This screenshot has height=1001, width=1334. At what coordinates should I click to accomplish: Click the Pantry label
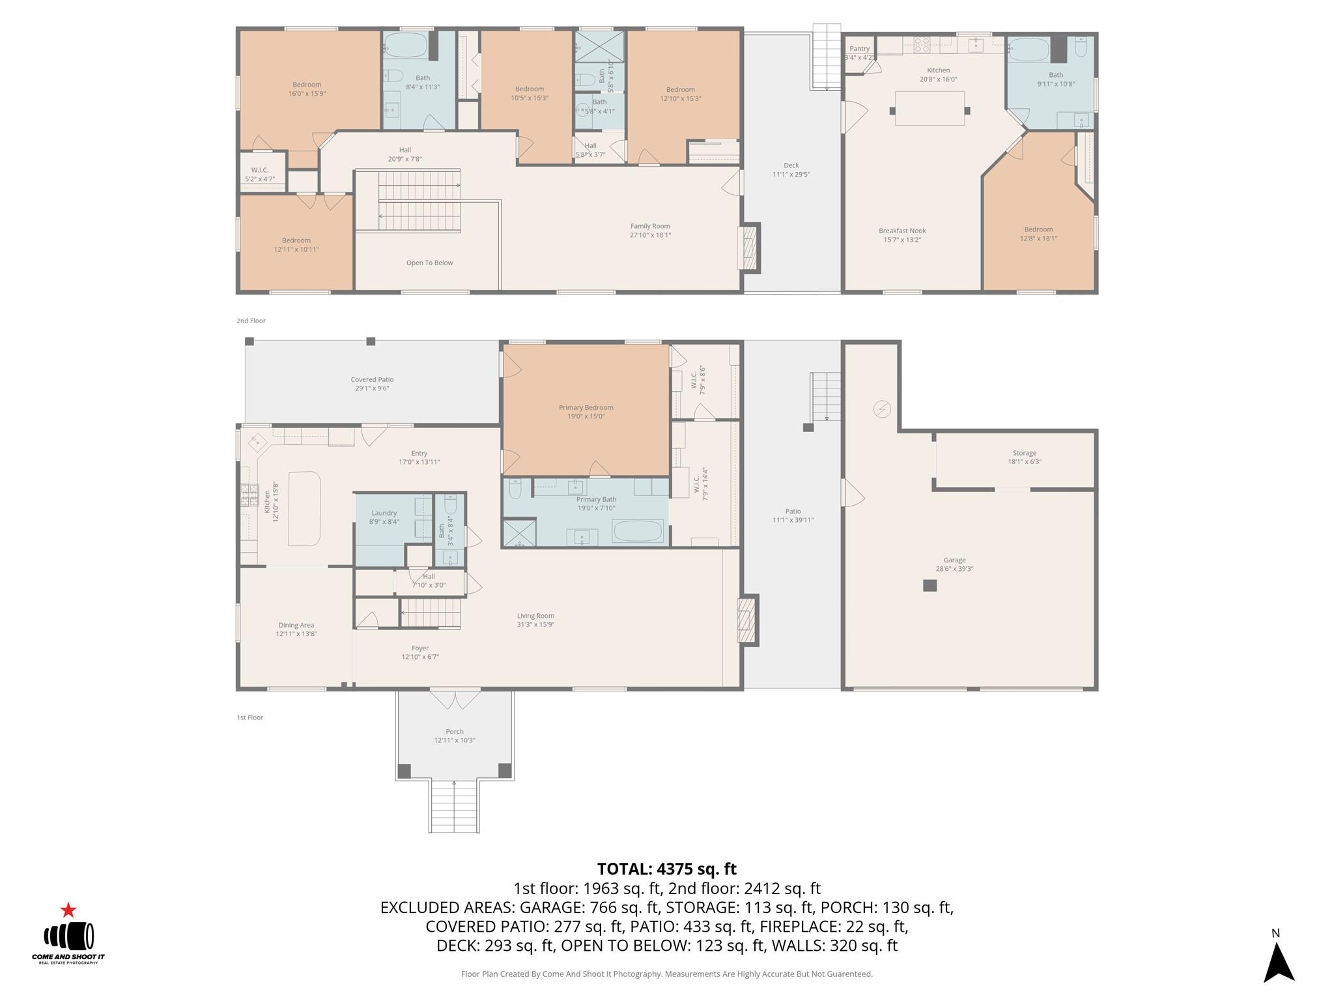point(859,49)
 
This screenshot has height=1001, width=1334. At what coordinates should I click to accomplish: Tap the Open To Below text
point(429,263)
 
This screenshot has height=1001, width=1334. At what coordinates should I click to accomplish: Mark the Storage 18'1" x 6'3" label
point(1024,457)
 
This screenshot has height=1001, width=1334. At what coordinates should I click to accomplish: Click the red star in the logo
point(68,910)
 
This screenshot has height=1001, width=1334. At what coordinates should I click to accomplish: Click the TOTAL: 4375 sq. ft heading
point(666,869)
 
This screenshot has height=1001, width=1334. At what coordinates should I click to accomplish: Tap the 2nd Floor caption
point(251,321)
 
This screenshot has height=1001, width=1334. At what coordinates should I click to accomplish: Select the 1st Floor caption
point(250,718)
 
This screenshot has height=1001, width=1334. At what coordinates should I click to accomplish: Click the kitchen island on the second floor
point(929,109)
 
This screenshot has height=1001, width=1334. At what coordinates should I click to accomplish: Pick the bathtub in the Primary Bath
point(638,531)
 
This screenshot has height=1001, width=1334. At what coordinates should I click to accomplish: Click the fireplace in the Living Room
point(747,620)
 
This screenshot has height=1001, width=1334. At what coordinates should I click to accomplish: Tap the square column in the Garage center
point(930,585)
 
